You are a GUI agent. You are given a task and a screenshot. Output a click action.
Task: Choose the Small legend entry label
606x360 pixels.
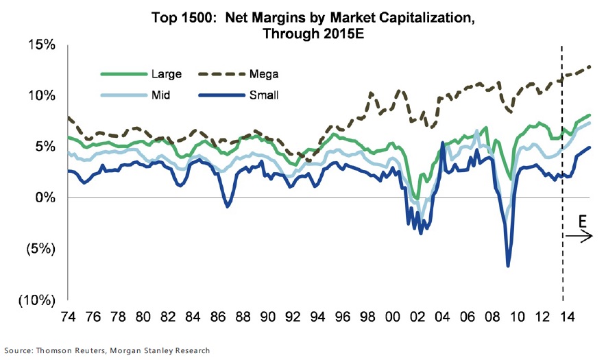click(x=265, y=95)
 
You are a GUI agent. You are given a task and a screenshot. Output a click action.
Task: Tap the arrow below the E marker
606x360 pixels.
click(x=579, y=237)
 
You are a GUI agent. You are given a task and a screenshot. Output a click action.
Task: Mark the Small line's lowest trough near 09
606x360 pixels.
click(x=508, y=265)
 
